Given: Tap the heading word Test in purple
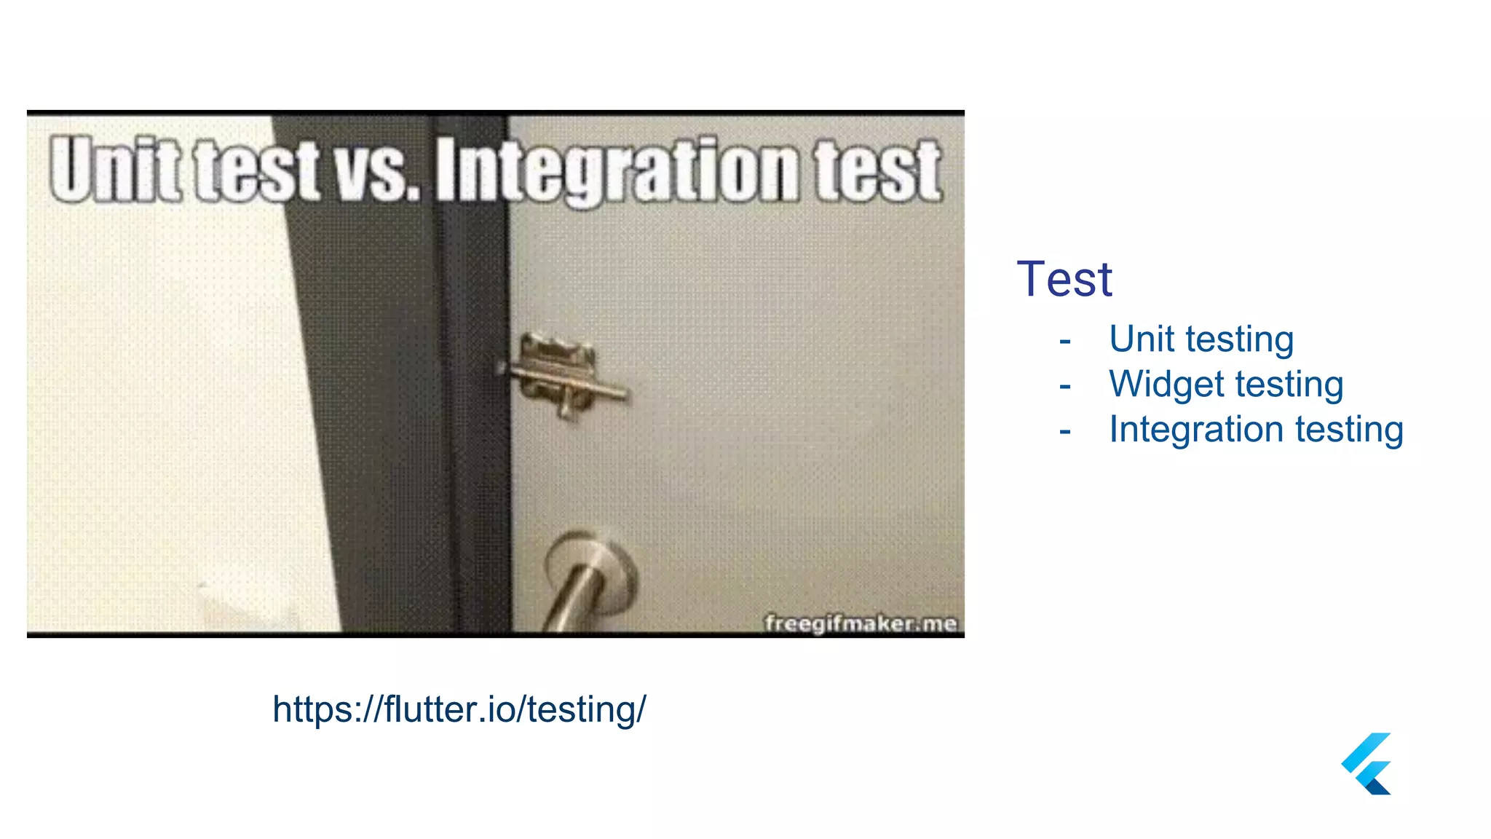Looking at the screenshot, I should coord(1064,279).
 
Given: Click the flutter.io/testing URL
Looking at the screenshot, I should coord(459,709).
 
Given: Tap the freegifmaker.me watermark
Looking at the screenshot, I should coord(860,623).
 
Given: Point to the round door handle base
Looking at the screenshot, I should coord(591,565).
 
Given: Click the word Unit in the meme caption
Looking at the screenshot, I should coord(115,169).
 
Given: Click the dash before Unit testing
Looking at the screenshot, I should coord(1065,341).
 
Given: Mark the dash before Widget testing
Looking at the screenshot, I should coord(1065,386).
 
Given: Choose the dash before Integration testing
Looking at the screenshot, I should coord(1065,431).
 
